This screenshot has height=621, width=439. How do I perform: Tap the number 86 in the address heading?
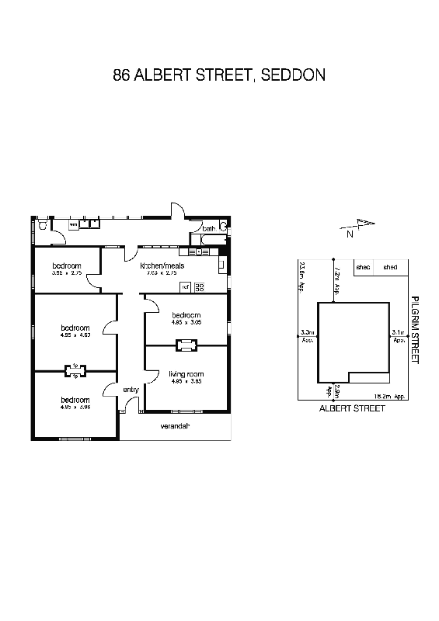tap(121, 75)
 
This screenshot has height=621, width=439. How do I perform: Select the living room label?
tap(186, 374)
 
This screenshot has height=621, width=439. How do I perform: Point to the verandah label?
tap(175, 427)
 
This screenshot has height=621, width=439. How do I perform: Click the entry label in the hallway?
tap(130, 390)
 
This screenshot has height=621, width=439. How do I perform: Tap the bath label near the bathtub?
tap(208, 229)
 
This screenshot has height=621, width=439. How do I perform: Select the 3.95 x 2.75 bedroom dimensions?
tap(66, 273)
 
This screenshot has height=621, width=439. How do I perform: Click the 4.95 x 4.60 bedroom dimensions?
tap(76, 335)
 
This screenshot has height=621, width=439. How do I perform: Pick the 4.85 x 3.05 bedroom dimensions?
tap(186, 321)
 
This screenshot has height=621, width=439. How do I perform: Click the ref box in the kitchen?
tap(186, 287)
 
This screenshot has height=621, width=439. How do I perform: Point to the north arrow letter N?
tap(350, 233)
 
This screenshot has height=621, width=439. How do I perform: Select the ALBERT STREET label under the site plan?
tap(352, 408)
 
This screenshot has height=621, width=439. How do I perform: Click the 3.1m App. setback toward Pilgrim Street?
tap(399, 336)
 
